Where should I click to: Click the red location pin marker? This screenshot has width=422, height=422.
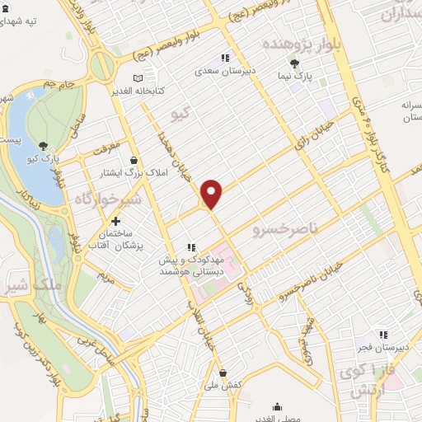tap(212, 194)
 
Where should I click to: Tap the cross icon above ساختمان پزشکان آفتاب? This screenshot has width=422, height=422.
tap(115, 221)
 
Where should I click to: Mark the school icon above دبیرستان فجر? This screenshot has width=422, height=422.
tap(382, 334)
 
